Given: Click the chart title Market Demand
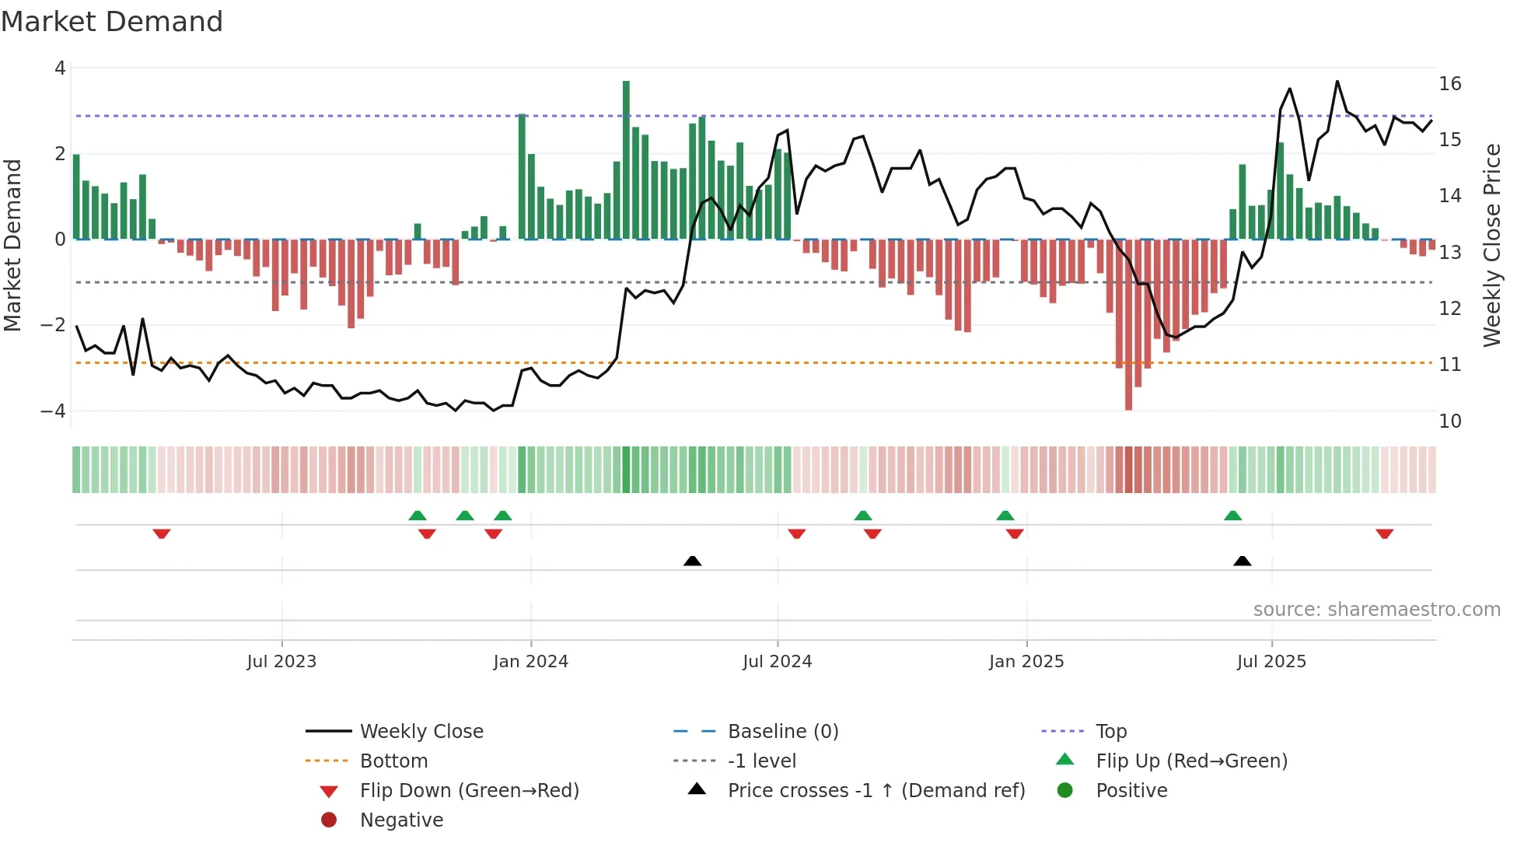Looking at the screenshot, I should coord(112,22).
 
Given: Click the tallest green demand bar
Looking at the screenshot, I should coord(626,159).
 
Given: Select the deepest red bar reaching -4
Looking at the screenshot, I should coord(1128,327).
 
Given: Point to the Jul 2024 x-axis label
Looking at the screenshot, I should coord(777,662).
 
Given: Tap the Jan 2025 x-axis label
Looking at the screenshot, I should coord(1026,662).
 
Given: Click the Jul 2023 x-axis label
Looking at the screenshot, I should coord(281,662).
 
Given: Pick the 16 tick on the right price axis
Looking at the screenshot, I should coord(1449,84).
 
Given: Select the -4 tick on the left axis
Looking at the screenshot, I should coord(53,411).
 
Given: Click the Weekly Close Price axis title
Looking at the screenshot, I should coord(1491,245).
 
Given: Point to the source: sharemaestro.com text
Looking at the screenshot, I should coord(1376,610).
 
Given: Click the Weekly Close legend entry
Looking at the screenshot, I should coord(421,732).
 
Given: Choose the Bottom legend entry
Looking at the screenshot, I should coord(393,761).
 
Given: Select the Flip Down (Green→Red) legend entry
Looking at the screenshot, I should coord(469,791).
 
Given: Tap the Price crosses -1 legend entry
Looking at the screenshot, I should coord(876,791).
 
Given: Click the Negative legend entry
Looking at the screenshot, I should coord(401,820).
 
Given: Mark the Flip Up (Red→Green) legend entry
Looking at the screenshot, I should coord(1191,761).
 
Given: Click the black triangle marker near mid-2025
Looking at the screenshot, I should coord(1243,561).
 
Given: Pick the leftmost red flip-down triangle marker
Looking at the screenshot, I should coord(162,533).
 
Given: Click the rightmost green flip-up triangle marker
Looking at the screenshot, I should coord(1232,516).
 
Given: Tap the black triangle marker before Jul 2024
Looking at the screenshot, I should coord(692,561).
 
